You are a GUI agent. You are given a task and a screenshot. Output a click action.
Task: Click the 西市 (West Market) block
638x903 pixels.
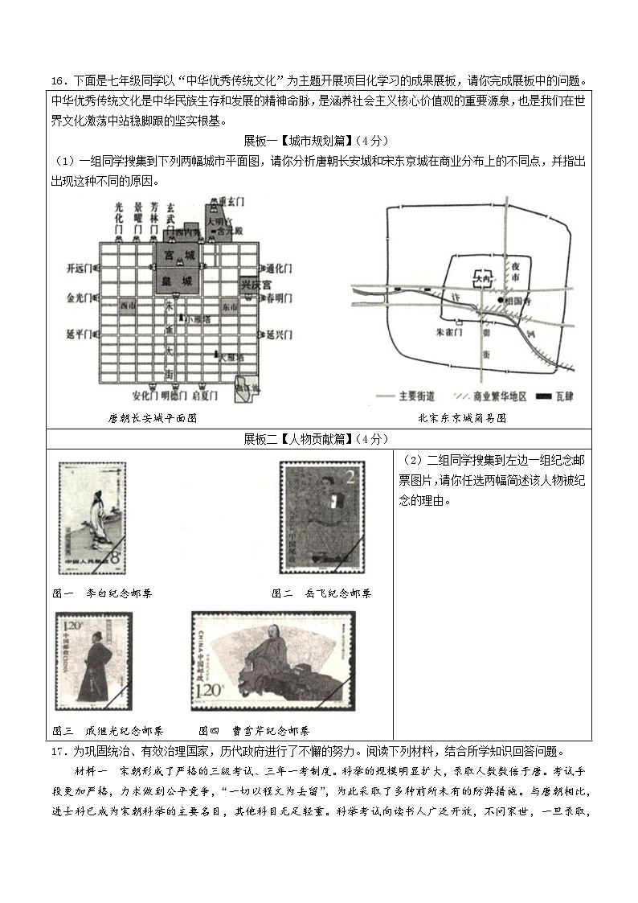125,306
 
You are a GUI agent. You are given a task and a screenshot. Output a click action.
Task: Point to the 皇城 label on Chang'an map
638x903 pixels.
178,281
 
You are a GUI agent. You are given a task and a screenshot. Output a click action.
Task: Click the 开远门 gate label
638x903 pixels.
79,268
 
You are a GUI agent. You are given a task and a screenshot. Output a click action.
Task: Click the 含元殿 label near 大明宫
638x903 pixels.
230,229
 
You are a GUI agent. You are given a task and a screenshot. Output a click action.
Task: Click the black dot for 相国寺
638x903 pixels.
500,300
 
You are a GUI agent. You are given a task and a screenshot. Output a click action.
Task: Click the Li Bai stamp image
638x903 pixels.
92,519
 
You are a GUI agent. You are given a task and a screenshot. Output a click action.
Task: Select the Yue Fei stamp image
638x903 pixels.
321,517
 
